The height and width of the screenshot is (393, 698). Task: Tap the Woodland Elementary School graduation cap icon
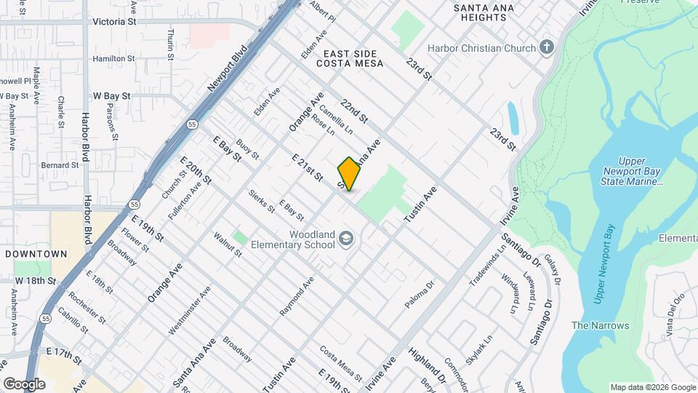(x=348, y=239)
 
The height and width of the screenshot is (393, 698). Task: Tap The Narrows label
(x=600, y=325)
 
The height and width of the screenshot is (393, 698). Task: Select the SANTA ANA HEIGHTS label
(x=484, y=14)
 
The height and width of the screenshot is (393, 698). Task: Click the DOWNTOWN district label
(x=36, y=254)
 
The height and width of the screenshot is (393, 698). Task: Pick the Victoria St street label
(x=114, y=22)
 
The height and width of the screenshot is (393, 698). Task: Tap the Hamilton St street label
(x=114, y=58)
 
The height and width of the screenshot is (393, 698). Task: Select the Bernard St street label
(x=60, y=165)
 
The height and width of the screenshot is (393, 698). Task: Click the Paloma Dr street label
(x=420, y=294)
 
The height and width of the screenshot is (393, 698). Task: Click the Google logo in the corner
(x=24, y=384)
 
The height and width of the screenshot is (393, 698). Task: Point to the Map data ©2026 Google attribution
(x=651, y=387)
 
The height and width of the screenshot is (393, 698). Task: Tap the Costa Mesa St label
(x=341, y=362)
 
